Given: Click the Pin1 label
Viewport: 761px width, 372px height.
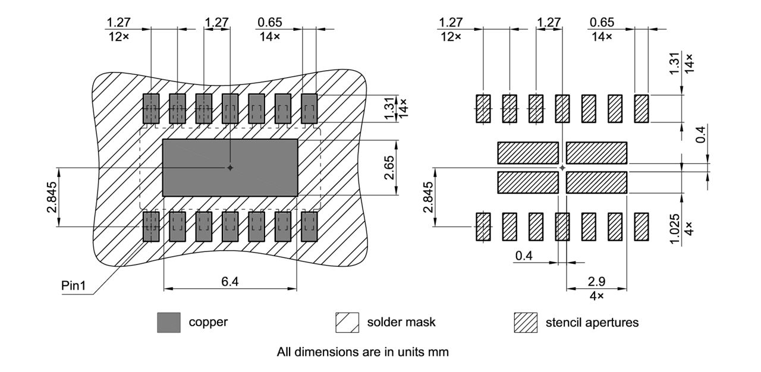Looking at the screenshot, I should (74, 286).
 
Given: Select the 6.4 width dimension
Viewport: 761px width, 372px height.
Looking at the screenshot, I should (230, 281).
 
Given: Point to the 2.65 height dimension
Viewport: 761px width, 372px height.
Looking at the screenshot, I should (405, 168).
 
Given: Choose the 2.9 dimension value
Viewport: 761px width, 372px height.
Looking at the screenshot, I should (597, 281).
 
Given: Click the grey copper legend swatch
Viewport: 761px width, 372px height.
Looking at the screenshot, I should (169, 323).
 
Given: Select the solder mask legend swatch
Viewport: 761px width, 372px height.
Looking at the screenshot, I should (347, 323).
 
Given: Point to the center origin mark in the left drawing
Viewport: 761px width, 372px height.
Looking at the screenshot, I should (230, 168).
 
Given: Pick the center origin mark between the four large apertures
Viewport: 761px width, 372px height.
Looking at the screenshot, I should (562, 168).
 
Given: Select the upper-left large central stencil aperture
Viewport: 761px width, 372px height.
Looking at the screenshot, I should (528, 153).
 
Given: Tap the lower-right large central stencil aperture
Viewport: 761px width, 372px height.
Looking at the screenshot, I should (597, 183).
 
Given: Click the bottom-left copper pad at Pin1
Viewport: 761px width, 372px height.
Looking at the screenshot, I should (151, 226).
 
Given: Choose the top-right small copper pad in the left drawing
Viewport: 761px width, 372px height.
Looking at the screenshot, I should (309, 109).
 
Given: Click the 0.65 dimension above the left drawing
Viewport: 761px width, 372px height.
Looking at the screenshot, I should (269, 23).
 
